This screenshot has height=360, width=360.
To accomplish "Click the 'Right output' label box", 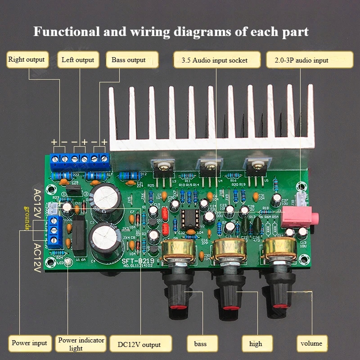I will coord(27,60).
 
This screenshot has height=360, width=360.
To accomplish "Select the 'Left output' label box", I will coord(78,60).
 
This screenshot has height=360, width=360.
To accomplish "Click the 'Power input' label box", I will coord(29,343).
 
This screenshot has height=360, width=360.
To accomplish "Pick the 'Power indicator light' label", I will coord(81,344).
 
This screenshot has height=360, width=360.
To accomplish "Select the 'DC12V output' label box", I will coord(139,345).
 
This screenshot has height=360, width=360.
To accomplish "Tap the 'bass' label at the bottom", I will coord(200,344).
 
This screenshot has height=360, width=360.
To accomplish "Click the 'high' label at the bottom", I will coord(256,344).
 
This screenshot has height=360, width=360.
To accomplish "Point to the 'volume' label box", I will coord(311,344).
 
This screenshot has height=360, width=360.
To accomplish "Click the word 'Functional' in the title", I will coord(66,32).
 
